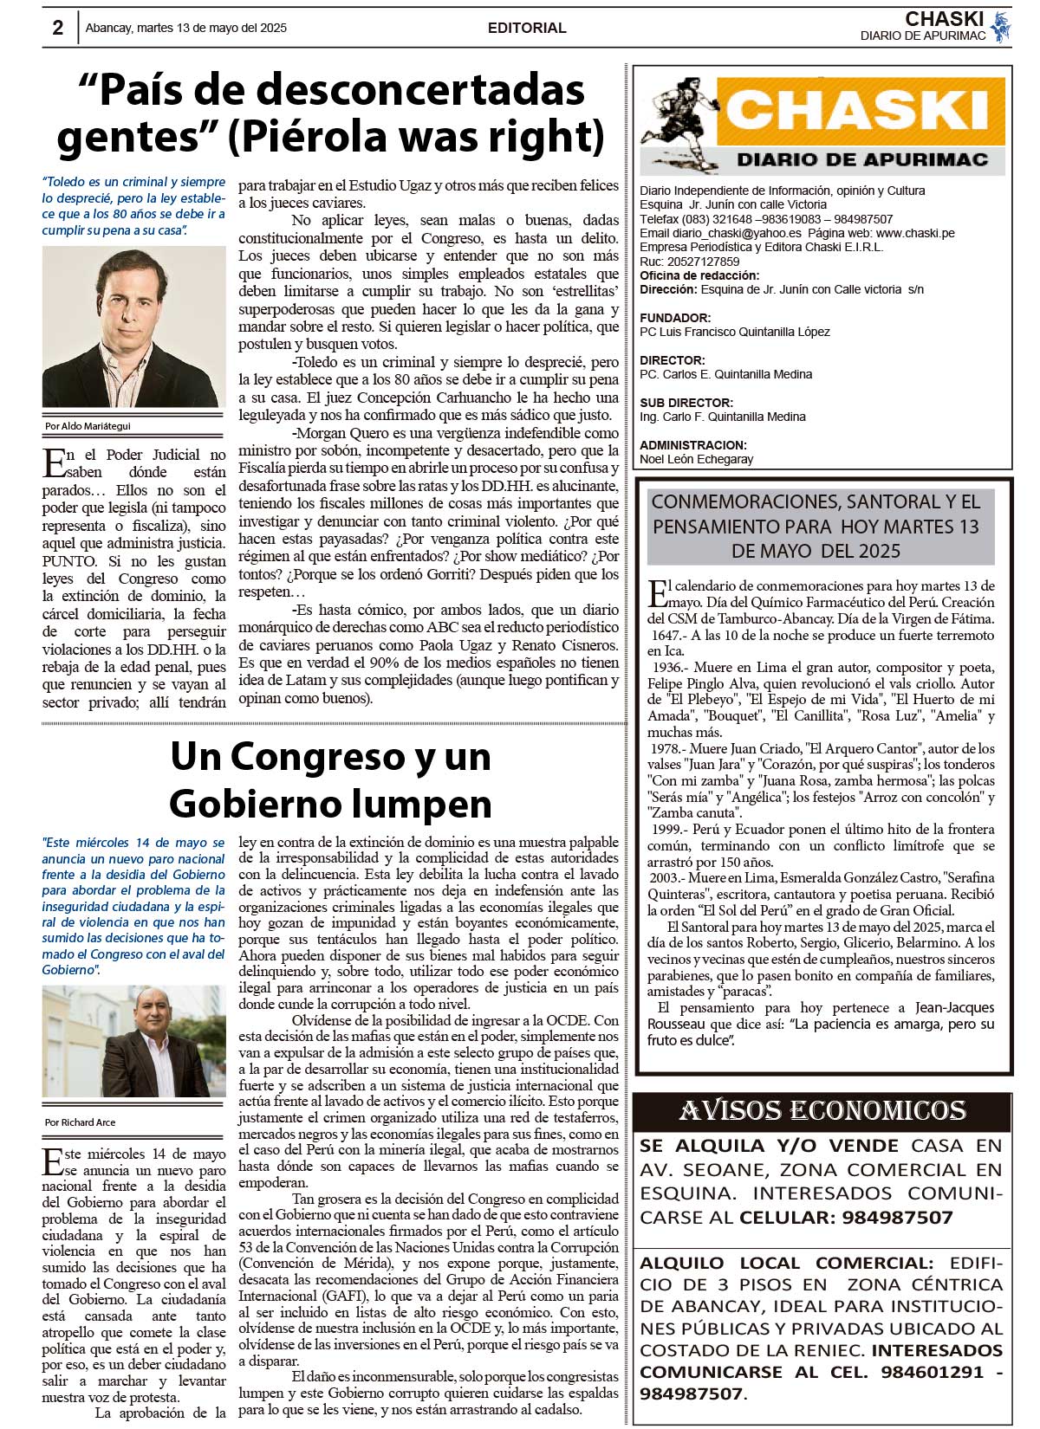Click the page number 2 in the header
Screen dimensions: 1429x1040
coord(58,28)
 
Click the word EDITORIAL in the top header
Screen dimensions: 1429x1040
coord(527,28)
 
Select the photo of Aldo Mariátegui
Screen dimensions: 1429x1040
coord(133,327)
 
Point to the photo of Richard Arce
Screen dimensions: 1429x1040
coord(133,1041)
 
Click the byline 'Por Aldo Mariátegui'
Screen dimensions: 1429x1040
coord(88,426)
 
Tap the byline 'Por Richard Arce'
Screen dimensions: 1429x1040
coord(80,1122)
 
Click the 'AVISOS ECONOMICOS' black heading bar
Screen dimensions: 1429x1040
coord(822,1110)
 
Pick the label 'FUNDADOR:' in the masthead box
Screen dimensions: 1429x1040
coord(675,318)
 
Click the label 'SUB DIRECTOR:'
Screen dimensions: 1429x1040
coord(686,403)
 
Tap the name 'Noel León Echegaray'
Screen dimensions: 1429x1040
coord(696,459)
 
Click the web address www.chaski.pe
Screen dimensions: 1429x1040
coord(915,233)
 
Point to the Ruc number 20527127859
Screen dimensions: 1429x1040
coord(703,262)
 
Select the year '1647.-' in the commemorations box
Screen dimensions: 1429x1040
coord(667,636)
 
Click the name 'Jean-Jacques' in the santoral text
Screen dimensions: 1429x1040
coord(954,1007)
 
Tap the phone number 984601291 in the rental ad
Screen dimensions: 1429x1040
coord(933,1372)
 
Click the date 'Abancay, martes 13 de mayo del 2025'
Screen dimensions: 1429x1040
coord(185,28)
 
